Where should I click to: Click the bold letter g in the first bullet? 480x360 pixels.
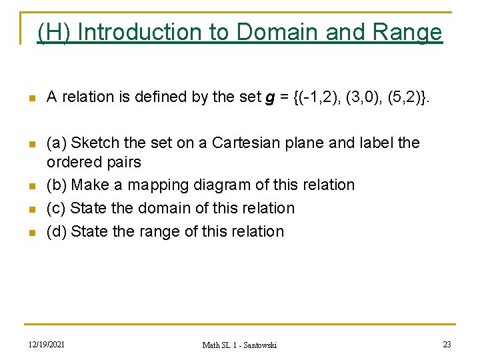tap(270, 97)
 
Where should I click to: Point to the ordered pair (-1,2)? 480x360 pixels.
tap(317, 97)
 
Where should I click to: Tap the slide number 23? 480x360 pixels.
tap(447, 344)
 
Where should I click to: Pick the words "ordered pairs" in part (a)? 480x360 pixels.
tap(93, 162)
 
